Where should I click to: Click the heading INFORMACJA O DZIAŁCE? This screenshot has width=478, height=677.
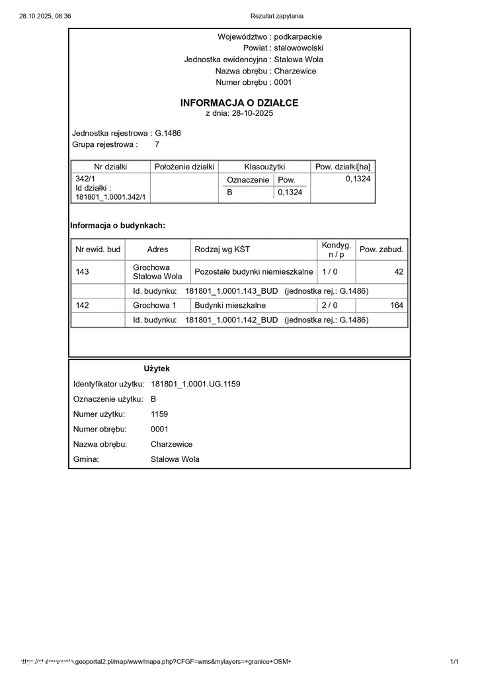(x=239, y=103)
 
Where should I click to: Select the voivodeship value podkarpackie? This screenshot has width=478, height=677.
(x=298, y=37)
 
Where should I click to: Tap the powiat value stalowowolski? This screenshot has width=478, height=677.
(x=298, y=48)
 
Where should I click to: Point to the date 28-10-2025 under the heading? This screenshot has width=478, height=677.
(x=252, y=113)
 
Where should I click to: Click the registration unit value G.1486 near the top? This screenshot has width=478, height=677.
(x=168, y=133)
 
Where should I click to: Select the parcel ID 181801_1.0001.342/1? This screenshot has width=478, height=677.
(x=110, y=197)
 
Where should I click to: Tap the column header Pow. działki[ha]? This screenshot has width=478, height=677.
(x=342, y=166)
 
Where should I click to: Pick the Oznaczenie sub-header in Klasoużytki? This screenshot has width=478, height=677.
(x=248, y=180)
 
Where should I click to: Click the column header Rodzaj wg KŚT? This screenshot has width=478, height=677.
(x=223, y=249)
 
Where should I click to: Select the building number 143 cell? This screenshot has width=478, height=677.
(x=83, y=271)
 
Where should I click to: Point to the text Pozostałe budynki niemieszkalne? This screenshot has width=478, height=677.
(x=254, y=271)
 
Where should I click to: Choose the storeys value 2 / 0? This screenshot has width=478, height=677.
(x=329, y=305)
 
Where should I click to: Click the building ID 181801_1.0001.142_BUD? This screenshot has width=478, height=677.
(x=231, y=320)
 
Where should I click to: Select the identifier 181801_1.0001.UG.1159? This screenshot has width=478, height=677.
(x=190, y=384)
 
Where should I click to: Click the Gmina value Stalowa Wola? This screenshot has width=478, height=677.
(x=175, y=459)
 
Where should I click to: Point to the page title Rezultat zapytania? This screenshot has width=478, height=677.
(x=277, y=16)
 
